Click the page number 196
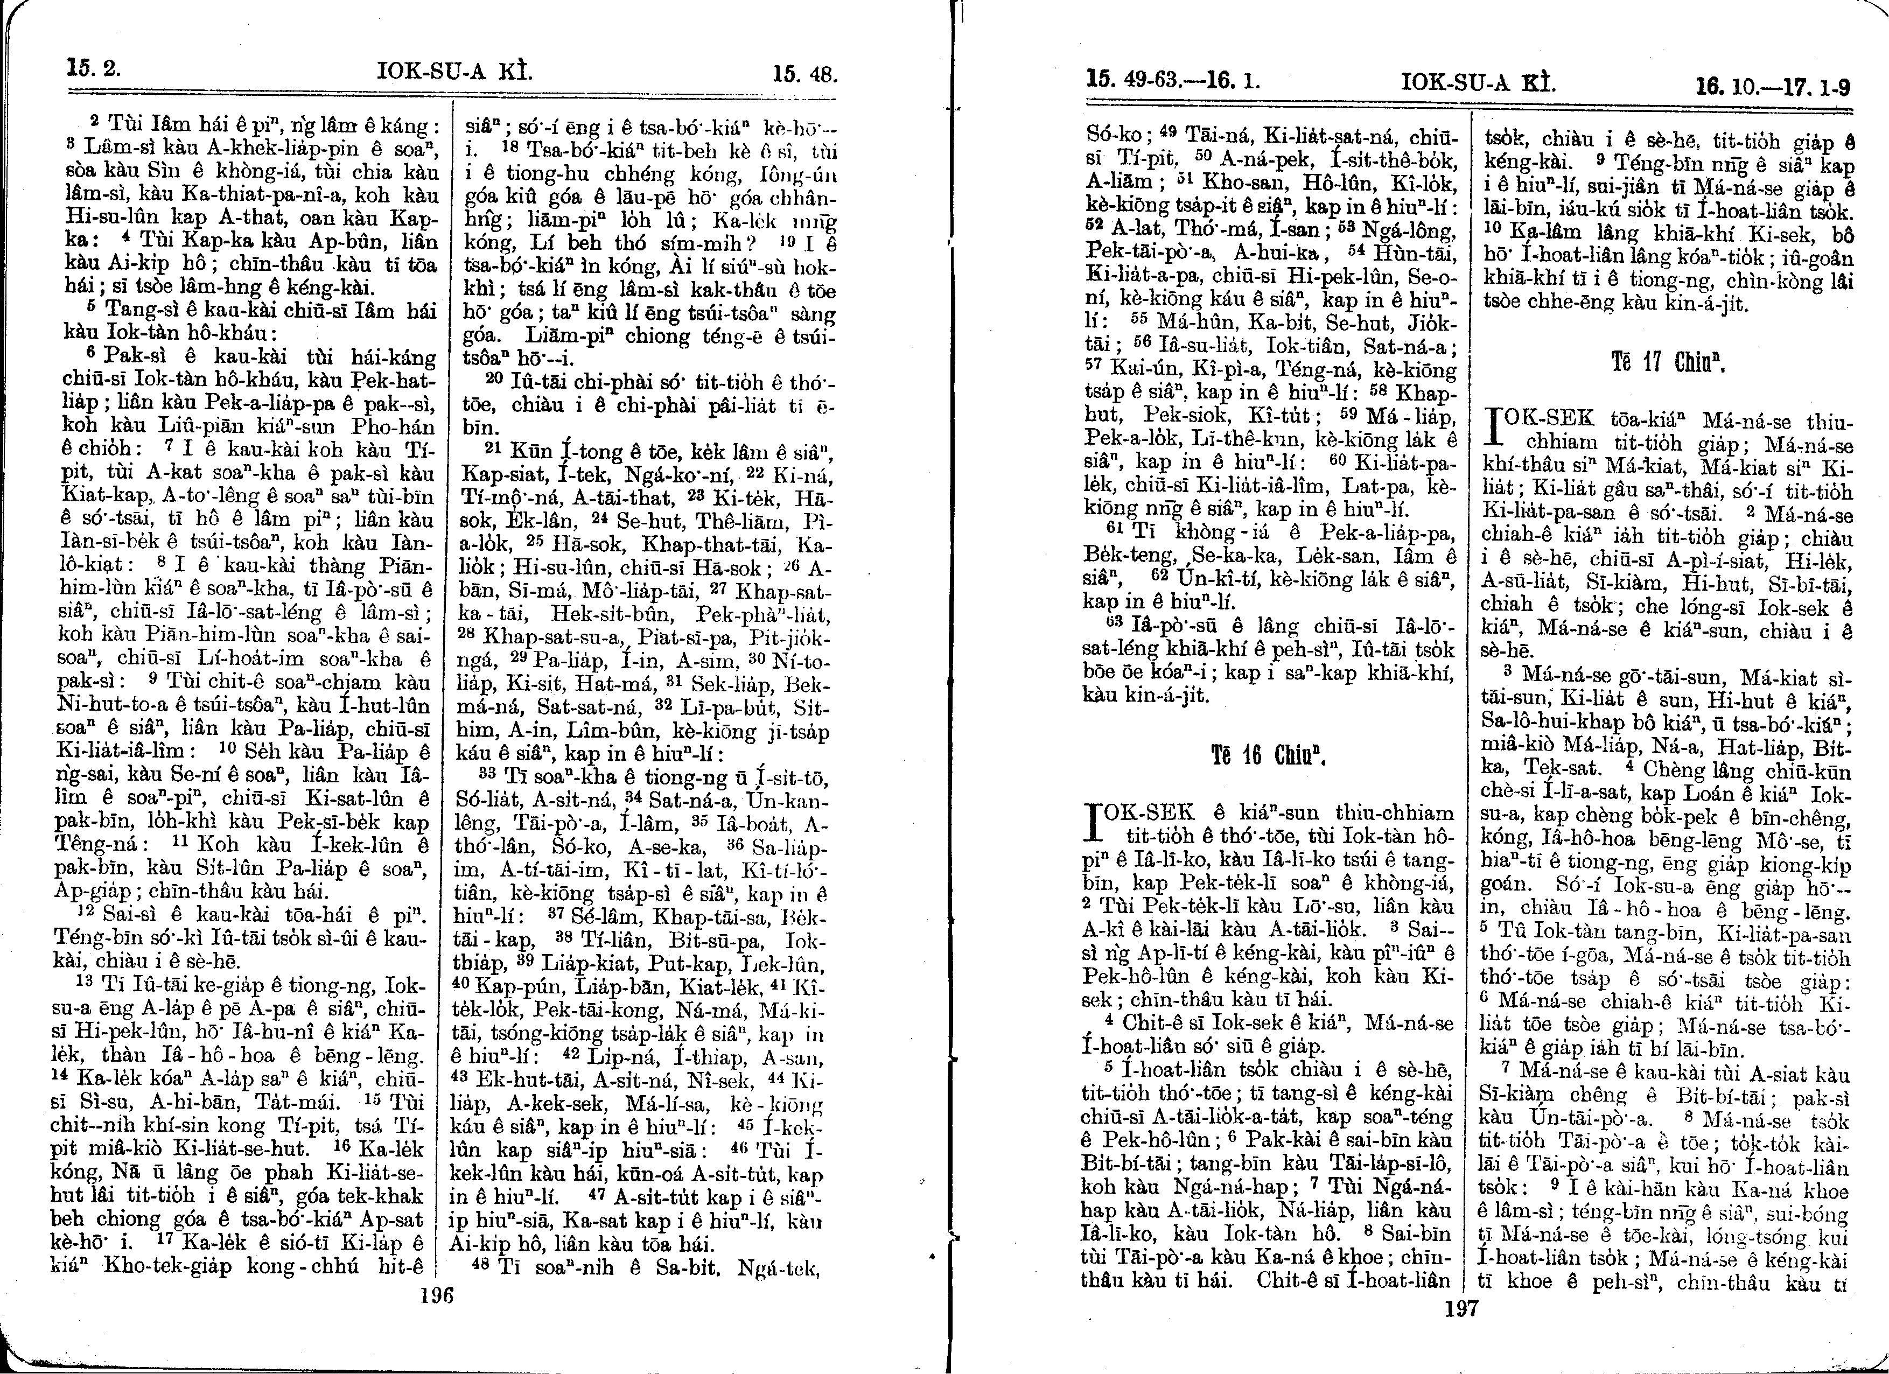[x=436, y=1296]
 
